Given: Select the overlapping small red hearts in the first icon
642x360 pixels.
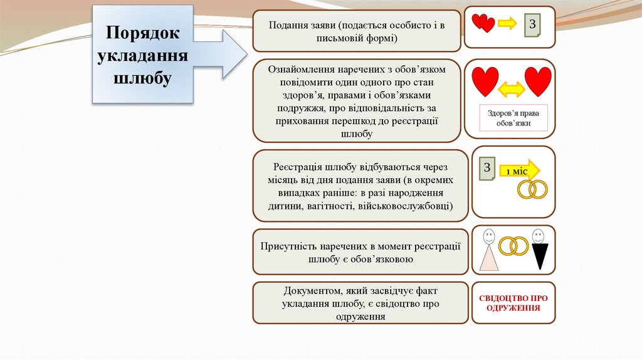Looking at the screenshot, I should [483, 24].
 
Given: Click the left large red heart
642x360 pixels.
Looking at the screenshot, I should [485, 80].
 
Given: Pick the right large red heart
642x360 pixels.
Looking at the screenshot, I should [538, 80].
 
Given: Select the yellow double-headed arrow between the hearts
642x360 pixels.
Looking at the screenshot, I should [512, 90].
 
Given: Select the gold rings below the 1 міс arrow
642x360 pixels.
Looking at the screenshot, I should [532, 189].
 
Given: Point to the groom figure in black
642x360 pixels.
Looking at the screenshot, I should [537, 250].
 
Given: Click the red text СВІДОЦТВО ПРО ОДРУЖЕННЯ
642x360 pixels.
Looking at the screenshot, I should [513, 303].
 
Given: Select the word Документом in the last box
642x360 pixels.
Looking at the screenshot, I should [308, 292].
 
